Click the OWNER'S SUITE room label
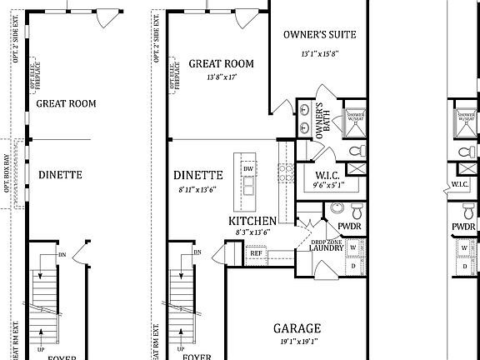pos(320,35)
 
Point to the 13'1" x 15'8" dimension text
pos(320,54)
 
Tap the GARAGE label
pos(297,328)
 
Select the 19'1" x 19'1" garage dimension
pos(297,341)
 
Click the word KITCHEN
pos(252,221)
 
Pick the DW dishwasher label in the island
pos(247,169)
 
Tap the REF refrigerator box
pos(256,252)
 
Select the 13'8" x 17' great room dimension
pos(221,77)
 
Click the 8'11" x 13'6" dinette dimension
pos(197,189)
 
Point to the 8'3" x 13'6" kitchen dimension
pos(252,233)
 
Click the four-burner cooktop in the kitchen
pos(286,172)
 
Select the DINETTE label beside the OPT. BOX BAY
pos(60,175)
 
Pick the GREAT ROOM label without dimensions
pos(66,104)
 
